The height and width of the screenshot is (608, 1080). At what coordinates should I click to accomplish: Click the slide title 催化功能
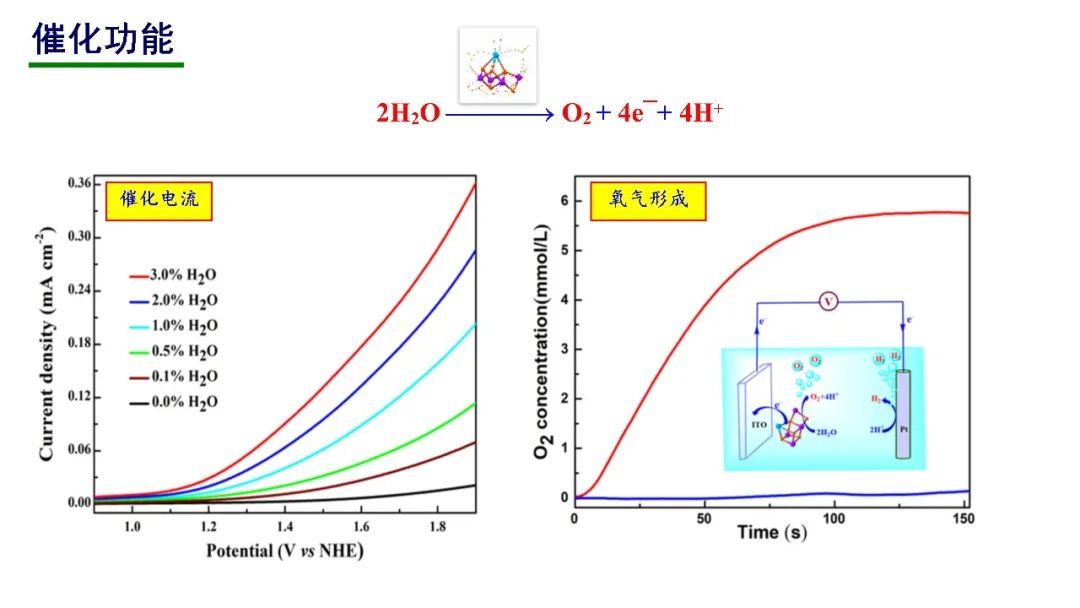[104, 39]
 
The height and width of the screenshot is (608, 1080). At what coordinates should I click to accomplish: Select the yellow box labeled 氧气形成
[649, 199]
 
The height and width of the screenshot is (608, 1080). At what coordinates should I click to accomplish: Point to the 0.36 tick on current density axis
[79, 183]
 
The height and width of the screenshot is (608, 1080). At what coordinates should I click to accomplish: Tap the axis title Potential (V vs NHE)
[284, 551]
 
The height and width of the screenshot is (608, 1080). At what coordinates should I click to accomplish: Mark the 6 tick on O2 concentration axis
[564, 201]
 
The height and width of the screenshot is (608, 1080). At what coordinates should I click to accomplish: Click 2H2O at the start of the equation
[408, 114]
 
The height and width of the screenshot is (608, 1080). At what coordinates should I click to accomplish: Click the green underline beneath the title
[106, 66]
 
